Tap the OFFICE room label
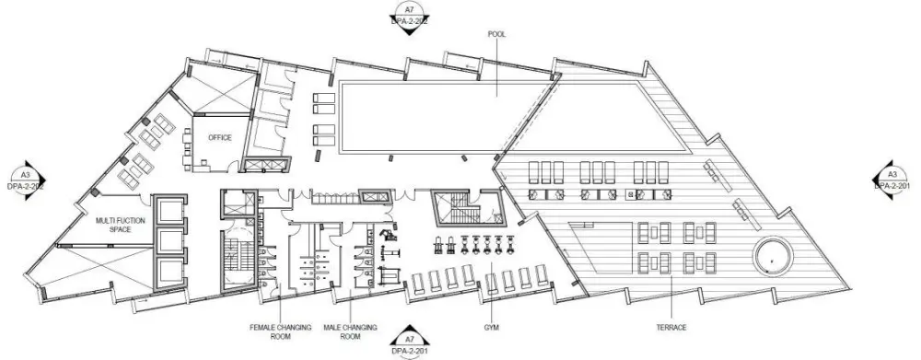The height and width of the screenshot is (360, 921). [x=219, y=138]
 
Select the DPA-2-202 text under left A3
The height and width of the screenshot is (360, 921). [x=27, y=185]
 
